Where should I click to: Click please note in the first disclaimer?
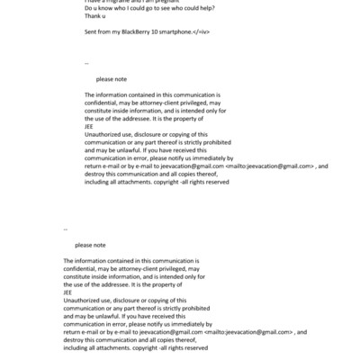pyautogui.click(x=111, y=79)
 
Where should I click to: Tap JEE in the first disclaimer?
pyautogui.click(x=88, y=127)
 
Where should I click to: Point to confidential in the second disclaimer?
pyautogui.click(x=80, y=267)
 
